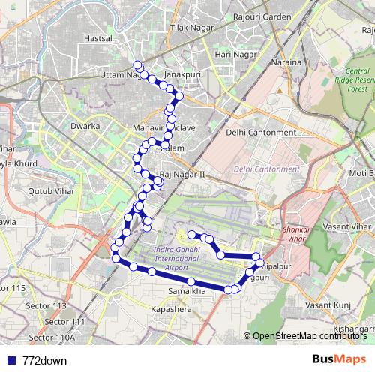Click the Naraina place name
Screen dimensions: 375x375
tap(287, 61)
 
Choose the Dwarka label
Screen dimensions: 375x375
tap(85, 126)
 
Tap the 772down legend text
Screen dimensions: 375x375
tap(45, 360)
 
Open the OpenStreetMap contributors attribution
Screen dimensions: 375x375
tap(310, 335)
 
